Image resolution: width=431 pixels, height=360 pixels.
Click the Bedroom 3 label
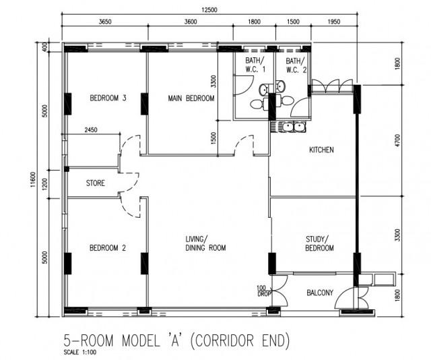108,98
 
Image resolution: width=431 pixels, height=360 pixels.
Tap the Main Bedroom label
191,98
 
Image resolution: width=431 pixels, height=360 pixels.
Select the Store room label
95,183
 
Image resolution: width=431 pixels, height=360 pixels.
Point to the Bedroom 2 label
108,247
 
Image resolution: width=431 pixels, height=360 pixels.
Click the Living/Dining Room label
206,243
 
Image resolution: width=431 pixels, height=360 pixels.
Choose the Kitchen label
321,150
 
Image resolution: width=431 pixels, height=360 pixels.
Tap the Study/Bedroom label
320,243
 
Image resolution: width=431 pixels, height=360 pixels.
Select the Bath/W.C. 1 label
255,65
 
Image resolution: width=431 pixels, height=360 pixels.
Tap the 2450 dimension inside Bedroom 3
94,131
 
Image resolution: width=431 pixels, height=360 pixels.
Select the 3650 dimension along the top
104,22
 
